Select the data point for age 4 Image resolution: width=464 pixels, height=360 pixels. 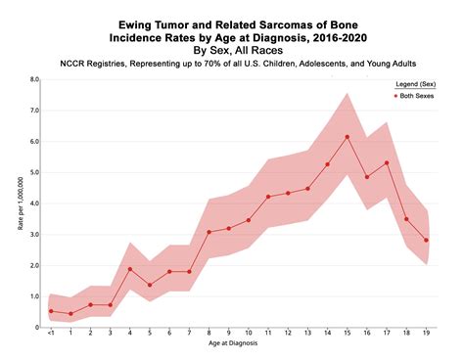(129, 269)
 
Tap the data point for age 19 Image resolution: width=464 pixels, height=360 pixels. (426, 240)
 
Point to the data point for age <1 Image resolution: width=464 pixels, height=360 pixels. (51, 311)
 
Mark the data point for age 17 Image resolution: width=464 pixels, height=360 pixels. (387, 163)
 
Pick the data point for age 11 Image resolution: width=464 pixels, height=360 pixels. (268, 197)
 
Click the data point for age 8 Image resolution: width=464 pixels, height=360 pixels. (209, 233)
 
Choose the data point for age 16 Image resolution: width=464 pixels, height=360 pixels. (367, 177)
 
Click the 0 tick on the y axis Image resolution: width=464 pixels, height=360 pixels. (36, 328)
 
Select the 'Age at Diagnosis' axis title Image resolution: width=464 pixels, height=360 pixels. (238, 347)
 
